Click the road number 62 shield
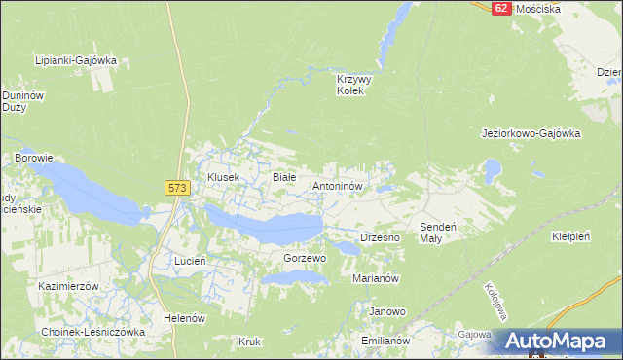(500, 7)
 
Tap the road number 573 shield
(176, 187)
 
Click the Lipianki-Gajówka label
(76, 60)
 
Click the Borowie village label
(33, 157)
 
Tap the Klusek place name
(223, 177)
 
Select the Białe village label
(283, 177)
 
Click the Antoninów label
(337, 185)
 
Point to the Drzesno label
(382, 237)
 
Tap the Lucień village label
(189, 262)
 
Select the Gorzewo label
(304, 259)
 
